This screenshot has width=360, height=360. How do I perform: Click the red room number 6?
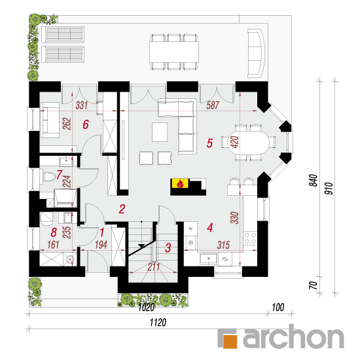coord(86,124)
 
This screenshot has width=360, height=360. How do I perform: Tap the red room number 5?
coord(209,143)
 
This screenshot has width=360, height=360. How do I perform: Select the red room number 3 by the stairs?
coord(168,247)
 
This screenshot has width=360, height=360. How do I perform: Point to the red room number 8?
coord(54,232)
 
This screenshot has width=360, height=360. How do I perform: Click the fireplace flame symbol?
coord(180,183)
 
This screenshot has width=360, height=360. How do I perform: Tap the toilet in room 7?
coord(48,177)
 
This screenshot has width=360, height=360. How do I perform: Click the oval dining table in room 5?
coord(249,142)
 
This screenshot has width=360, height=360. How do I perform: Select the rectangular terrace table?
coord(174,52)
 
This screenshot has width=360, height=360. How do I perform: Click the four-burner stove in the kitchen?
coord(250,238)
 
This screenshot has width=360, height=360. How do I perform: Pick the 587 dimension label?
coord(213,105)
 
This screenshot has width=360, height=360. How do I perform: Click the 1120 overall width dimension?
coord(158,322)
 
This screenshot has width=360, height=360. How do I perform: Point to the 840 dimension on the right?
coord(314,180)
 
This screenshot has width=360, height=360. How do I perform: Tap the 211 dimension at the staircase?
coord(154,267)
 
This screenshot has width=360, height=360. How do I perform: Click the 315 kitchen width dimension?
coord(223,245)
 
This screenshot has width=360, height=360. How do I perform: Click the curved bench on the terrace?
coord(256,53)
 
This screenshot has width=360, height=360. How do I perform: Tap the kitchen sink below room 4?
coord(208,259)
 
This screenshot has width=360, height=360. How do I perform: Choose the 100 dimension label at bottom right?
coord(278,307)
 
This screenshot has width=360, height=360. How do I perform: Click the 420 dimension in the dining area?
coord(236,141)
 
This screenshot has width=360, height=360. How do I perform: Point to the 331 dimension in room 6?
coord(82,105)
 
